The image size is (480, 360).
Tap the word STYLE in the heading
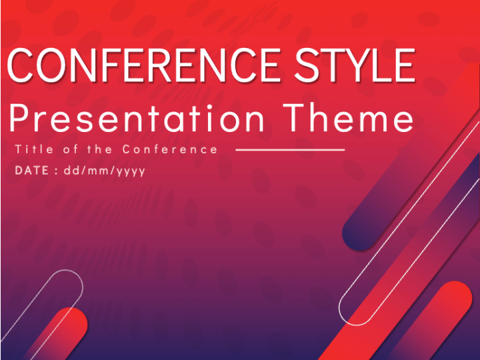[355, 65]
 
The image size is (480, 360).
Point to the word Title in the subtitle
[34, 149]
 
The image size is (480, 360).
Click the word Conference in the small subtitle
[170, 149]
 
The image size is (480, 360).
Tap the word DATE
[32, 171]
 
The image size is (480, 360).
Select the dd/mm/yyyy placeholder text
[105, 171]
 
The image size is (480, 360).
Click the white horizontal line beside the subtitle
[290, 150]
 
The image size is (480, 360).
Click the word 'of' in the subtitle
[71, 149]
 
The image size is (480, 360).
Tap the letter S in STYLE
[307, 65]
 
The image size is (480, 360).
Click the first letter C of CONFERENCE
[21, 65]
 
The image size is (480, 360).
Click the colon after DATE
[56, 171]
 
